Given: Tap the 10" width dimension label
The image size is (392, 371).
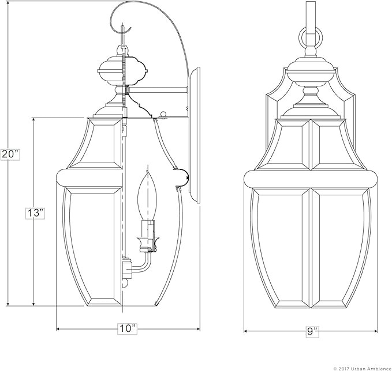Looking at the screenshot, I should (x=128, y=329).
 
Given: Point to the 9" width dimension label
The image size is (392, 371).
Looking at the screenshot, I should (x=313, y=331).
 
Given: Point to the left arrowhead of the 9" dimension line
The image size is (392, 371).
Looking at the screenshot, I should (x=247, y=331).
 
